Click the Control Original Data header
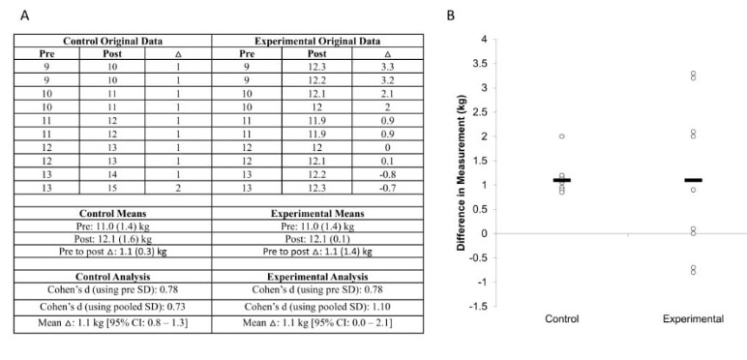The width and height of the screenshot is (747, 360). point(113,41)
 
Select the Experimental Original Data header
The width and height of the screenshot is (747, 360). point(317,41)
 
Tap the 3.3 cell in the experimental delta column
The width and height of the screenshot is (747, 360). point(387,67)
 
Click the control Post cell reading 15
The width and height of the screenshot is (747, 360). point(112,188)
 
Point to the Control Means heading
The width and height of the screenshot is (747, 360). point(113,214)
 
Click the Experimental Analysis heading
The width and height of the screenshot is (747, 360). point(317,277)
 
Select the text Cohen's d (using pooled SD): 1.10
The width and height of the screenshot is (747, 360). point(317,307)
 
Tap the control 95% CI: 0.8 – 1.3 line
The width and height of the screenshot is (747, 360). point(113,324)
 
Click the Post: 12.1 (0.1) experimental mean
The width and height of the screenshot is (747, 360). point(317,238)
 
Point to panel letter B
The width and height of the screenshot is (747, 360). point(451,16)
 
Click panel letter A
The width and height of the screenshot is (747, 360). point(25,16)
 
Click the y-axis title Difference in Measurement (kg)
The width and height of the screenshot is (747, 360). point(462,173)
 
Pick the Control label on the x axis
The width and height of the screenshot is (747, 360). point(562,319)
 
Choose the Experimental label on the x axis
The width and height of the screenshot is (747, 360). point(693,319)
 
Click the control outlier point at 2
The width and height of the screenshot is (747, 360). point(562,136)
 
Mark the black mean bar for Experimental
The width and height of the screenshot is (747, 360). point(693,180)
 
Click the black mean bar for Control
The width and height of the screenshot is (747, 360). point(562,180)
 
